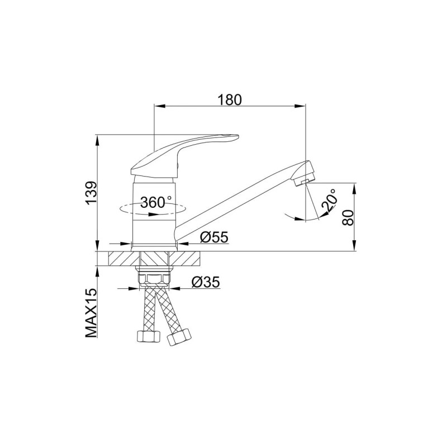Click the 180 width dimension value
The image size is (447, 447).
[230, 100]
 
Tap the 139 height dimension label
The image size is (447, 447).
[92, 193]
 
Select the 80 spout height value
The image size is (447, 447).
[348, 218]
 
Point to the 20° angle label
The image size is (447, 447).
[329, 200]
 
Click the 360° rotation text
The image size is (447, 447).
[156, 202]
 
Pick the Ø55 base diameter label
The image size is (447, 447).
[214, 237]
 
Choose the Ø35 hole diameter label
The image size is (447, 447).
[206, 282]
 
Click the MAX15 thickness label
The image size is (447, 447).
[91, 313]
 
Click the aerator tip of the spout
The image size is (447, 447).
[304, 174]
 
